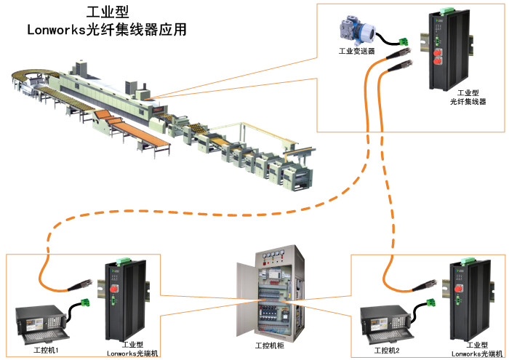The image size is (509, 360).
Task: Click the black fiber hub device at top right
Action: [444, 51]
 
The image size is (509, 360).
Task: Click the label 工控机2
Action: [387, 350]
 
